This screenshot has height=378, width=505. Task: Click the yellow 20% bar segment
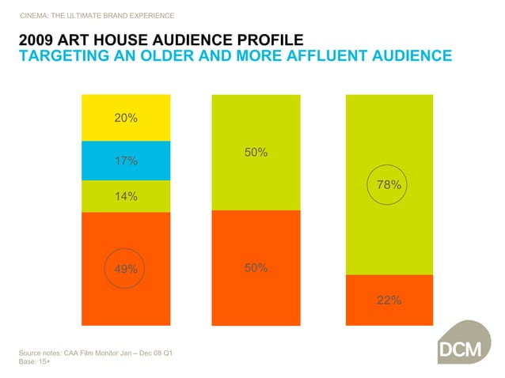pyautogui.click(x=125, y=119)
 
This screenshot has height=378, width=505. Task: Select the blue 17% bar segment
pyautogui.click(x=125, y=161)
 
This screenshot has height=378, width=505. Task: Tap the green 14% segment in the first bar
pyautogui.click(x=125, y=196)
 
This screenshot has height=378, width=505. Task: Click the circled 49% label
pyautogui.click(x=125, y=269)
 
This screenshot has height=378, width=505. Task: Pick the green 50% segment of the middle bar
pyautogui.click(x=255, y=152)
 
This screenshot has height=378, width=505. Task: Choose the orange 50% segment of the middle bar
pyautogui.click(x=255, y=268)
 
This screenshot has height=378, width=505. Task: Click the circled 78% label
pyautogui.click(x=389, y=185)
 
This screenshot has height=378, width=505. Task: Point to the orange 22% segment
pyautogui.click(x=389, y=300)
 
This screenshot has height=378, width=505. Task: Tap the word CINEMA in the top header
pyautogui.click(x=35, y=16)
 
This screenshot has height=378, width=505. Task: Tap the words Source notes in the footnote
pyautogui.click(x=41, y=351)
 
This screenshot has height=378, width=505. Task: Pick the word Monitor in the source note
pyautogui.click(x=116, y=351)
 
